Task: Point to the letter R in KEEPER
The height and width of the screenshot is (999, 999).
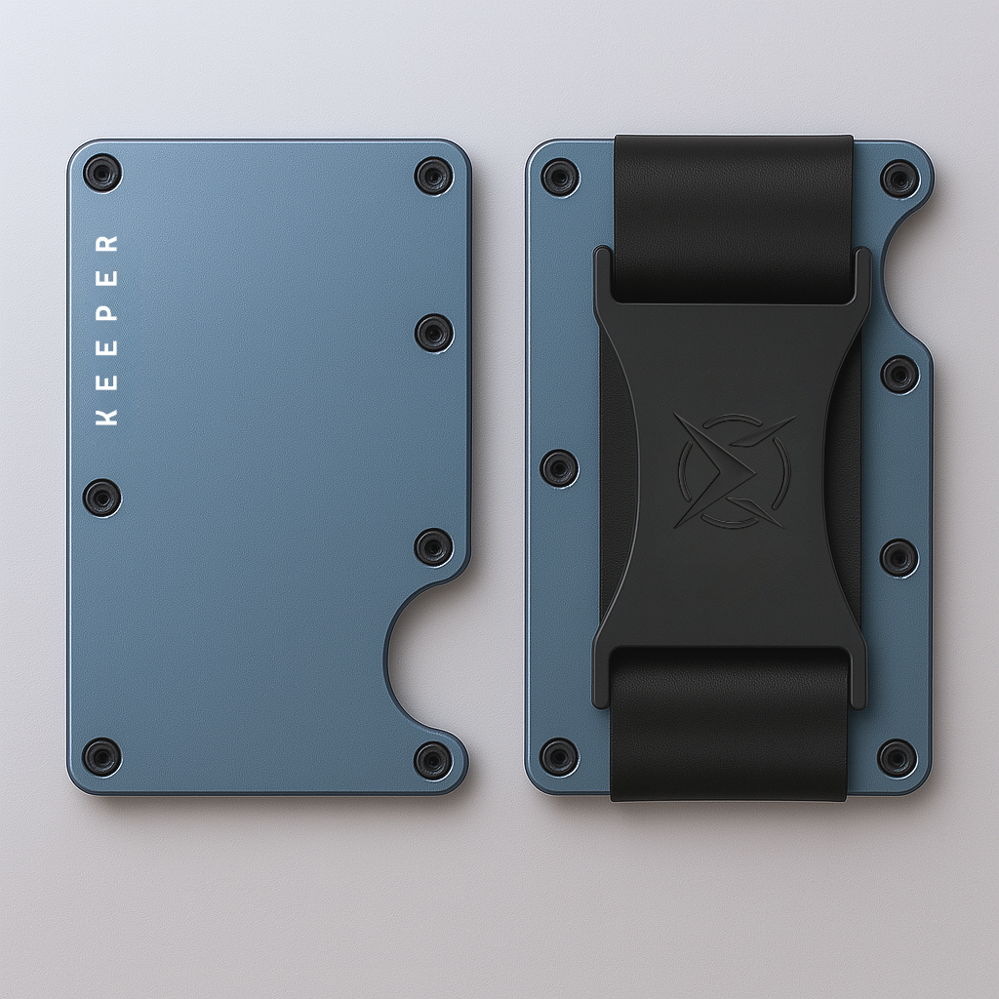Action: (107, 243)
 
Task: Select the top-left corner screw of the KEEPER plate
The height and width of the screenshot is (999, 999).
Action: (101, 174)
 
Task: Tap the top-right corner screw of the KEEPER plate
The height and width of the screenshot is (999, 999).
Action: (433, 176)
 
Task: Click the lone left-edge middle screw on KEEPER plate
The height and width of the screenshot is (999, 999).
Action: (101, 498)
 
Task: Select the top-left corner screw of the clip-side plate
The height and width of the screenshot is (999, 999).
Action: (560, 178)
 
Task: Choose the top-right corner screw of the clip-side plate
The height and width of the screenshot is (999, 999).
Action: (899, 179)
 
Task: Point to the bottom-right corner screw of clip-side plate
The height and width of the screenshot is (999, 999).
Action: (897, 758)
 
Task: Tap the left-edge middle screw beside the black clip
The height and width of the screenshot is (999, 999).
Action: (559, 467)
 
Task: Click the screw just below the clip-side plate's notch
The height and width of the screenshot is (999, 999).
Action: (899, 374)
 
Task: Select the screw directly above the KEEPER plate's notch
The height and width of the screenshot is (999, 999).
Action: (433, 546)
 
